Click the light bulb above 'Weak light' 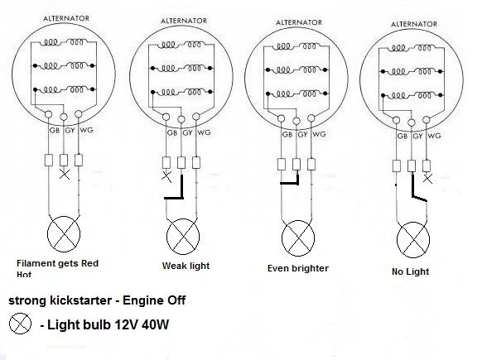tap(183, 237)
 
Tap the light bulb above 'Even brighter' tap(298, 238)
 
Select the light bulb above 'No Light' tap(413, 240)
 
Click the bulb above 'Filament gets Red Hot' tap(64, 233)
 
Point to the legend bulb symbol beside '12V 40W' tap(20, 323)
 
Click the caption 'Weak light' tap(186, 266)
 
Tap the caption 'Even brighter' tap(298, 268)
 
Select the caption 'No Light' tap(410, 271)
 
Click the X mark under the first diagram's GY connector tap(65, 175)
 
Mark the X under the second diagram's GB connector tap(166, 177)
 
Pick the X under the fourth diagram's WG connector tap(427, 179)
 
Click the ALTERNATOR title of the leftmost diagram tap(66, 18)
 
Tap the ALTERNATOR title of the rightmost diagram tap(414, 24)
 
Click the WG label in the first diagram tap(86, 130)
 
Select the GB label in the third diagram tap(287, 134)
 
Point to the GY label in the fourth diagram tap(417, 136)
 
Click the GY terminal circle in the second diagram tap(181, 119)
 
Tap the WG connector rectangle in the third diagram tap(311, 164)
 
